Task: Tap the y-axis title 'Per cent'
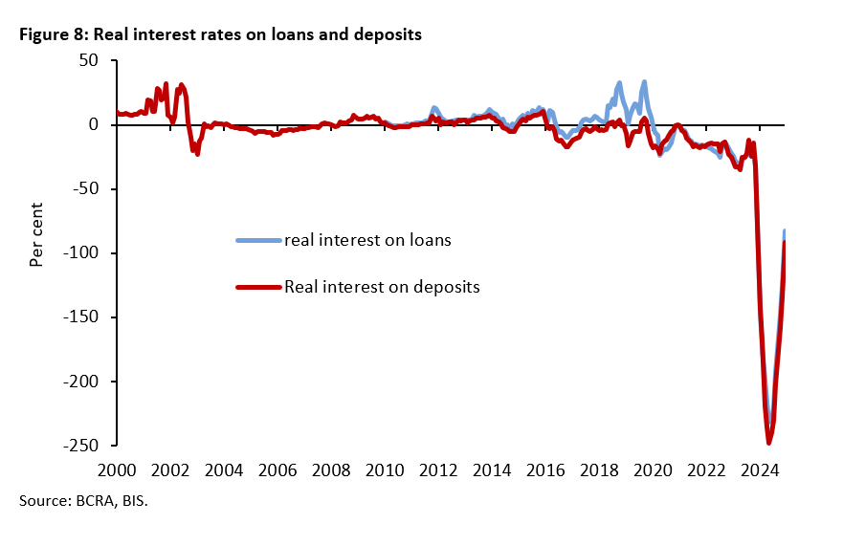(x=36, y=234)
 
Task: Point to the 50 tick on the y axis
(x=89, y=60)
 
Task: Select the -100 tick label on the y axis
(x=80, y=253)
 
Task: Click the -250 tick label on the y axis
(x=80, y=446)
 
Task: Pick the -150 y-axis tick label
(x=80, y=317)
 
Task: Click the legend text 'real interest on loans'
(x=367, y=240)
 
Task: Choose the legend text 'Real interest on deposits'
(x=381, y=286)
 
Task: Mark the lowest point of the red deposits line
(x=768, y=443)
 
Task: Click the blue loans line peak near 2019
(x=644, y=82)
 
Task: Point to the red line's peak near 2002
(x=182, y=85)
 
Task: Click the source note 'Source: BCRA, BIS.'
(x=82, y=500)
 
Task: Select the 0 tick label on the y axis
(x=94, y=124)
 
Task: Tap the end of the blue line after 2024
(x=785, y=231)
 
